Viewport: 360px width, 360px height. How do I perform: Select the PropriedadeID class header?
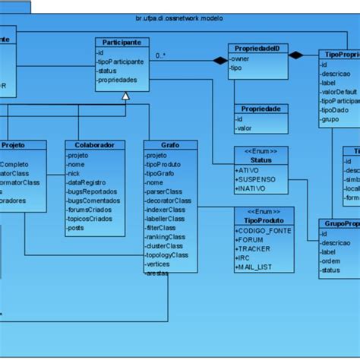[258, 48]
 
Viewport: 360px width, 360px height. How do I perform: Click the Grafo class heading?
[170, 145]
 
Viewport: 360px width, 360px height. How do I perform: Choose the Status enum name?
[261, 160]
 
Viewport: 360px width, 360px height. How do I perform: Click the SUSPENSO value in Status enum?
[256, 180]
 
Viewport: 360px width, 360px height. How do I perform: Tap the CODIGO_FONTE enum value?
[263, 229]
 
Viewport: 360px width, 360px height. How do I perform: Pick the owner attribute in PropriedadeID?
[240, 58]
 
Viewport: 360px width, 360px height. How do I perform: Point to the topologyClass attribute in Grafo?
[168, 255]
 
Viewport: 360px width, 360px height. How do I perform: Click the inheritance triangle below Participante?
[126, 96]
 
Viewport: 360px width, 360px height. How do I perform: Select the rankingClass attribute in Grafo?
[166, 237]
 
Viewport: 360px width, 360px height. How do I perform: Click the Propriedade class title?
[261, 109]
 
